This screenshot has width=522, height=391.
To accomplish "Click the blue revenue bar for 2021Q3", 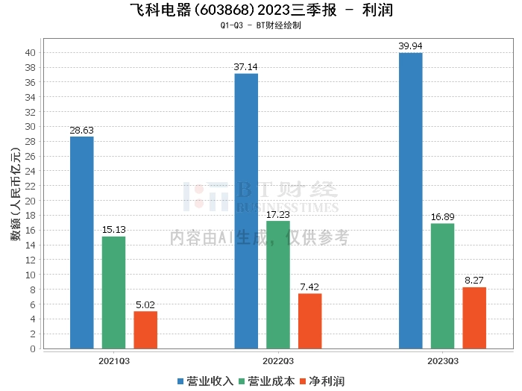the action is pos(82,243).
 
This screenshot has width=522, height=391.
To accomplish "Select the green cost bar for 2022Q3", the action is pos(278,285).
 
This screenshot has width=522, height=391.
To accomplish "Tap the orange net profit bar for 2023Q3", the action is pos(474,318).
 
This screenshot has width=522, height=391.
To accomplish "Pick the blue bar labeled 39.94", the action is pos(411,201).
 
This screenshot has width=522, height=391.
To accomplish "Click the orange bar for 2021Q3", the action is pos(145,330).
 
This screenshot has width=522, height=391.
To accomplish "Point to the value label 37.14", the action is pos(245,67).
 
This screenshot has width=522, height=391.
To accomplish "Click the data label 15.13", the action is pos(114,230).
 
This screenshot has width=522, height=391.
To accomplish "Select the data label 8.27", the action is pos(474,281).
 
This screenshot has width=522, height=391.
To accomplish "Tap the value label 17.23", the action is pos(278,215).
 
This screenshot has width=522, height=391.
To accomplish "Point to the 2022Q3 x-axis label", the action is pos(278,361).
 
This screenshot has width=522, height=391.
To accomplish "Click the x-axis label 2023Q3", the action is pos(443,361).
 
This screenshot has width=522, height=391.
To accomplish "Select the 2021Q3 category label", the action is pos(114,361).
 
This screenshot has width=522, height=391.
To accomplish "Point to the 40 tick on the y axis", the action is pos(31,53).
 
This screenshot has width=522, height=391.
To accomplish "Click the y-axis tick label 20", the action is pos(31,201).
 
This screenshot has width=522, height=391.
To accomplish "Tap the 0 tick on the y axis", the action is pos(33,348).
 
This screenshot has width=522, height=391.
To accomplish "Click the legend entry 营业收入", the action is pos(205,381).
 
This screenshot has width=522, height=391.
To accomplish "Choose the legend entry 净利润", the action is pos(322,381).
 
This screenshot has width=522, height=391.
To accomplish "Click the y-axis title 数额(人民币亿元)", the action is pos(16,193).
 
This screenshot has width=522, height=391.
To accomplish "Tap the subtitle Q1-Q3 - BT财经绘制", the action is pos(261,25).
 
